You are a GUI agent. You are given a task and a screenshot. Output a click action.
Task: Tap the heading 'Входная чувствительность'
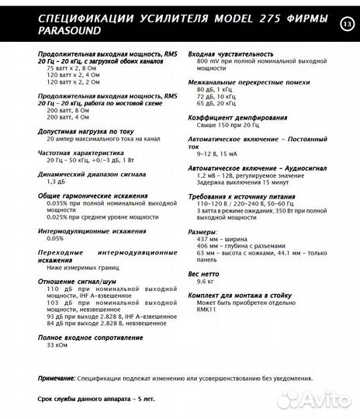(227, 53)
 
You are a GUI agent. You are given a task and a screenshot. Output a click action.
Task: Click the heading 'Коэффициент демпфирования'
(231, 117)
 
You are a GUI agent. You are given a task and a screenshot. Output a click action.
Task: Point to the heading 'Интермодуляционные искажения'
(83, 229)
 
